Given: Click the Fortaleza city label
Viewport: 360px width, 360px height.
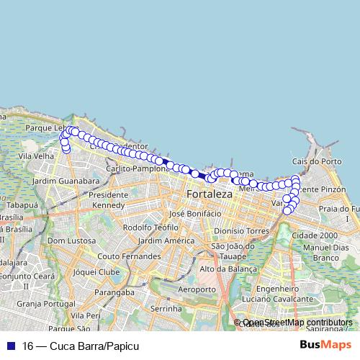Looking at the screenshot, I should click(210, 195).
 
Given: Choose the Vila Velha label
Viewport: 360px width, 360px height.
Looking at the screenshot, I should click(40, 155).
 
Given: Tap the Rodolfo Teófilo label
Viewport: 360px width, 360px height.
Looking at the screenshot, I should click(150, 228).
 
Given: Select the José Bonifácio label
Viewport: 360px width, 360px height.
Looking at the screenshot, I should click(192, 214).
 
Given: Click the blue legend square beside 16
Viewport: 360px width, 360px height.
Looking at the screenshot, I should click(9, 346).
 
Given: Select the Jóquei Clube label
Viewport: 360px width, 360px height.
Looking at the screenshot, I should click(96, 272).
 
